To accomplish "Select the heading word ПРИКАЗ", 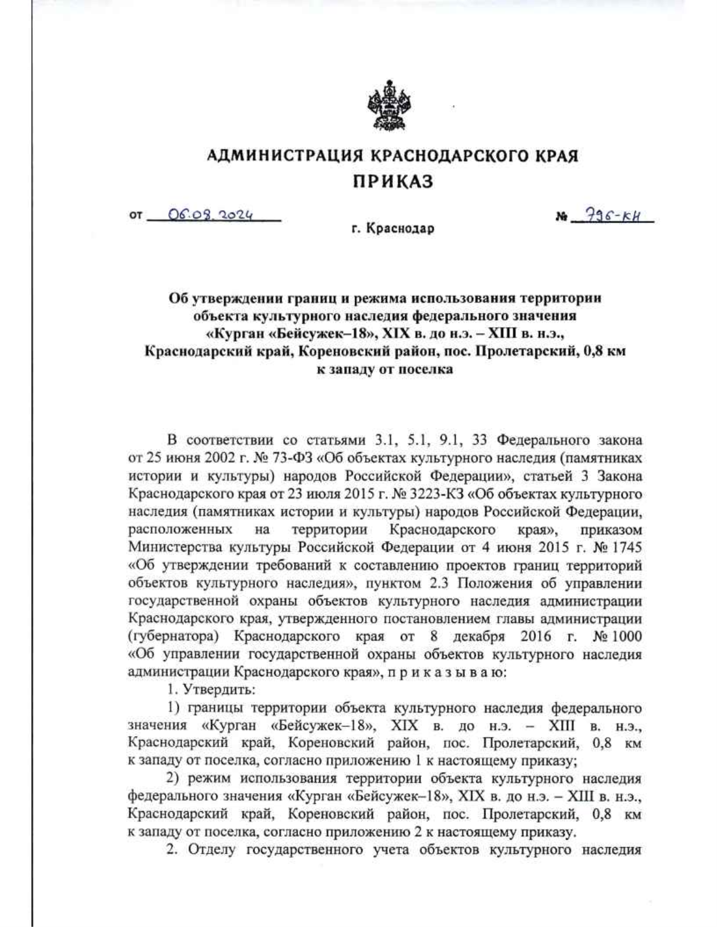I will pyautogui.click(x=392, y=181).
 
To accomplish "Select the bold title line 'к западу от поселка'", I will pyautogui.click(x=384, y=369).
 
